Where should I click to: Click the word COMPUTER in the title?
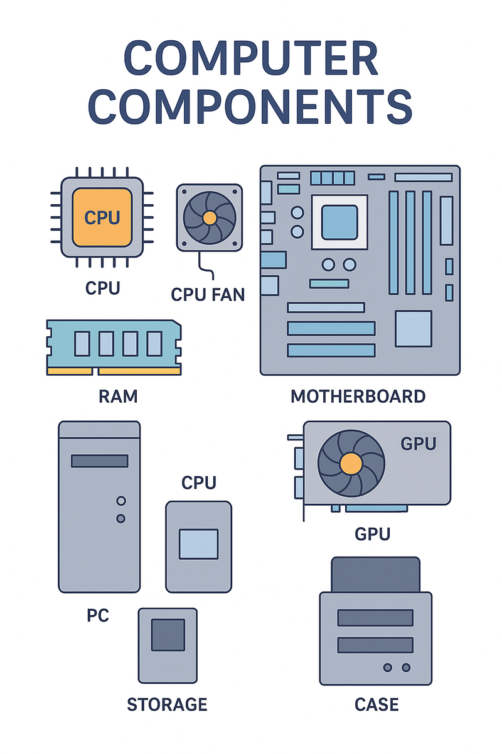coord(251,60)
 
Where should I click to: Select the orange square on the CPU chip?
coord(102,217)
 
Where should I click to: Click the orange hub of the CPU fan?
coord(210,217)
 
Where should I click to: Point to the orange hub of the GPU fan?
coord(351,464)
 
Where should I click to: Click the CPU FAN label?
coord(208,294)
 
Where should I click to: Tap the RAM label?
coord(118,396)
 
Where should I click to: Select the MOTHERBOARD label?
coord(358,396)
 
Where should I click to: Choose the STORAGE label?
coord(167,704)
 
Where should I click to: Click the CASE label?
coord(376,704)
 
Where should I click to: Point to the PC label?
coord(97,615)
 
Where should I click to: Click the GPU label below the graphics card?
coord(372,534)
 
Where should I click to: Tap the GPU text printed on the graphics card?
coord(418,444)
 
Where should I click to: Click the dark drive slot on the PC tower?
coord(100,461)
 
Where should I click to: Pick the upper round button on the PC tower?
coord(121,501)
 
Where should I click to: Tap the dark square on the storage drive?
coord(168,635)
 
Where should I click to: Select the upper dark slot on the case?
coord(375,618)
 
